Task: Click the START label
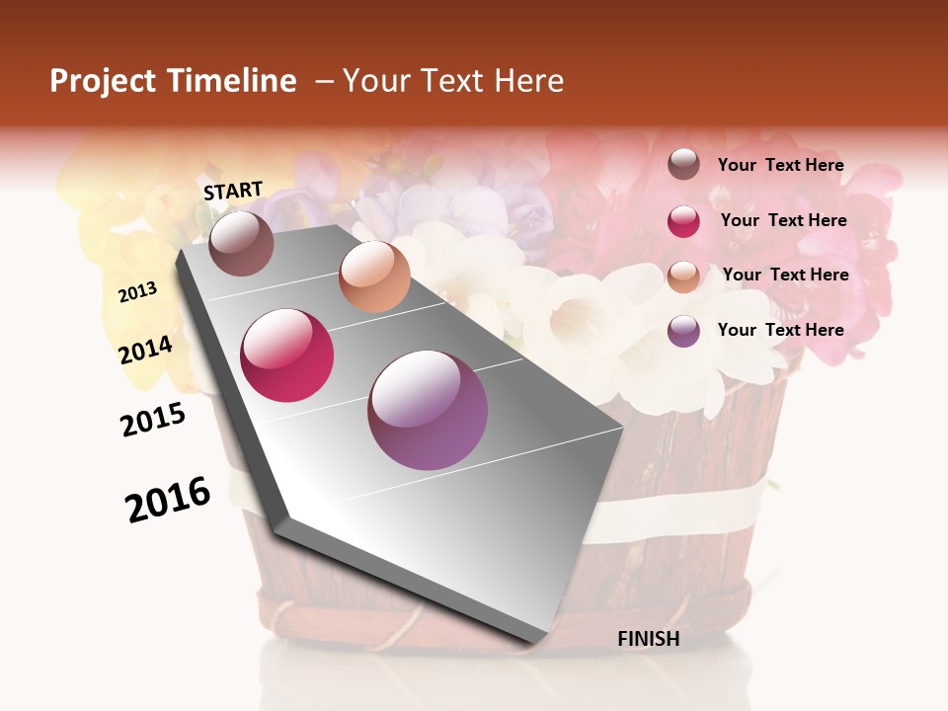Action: (233, 191)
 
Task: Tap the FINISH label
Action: (649, 639)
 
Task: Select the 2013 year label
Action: (138, 292)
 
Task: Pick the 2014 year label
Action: (146, 350)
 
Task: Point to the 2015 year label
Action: (153, 420)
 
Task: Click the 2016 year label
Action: (168, 499)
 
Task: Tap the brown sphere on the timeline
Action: (241, 243)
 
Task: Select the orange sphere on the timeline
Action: (374, 276)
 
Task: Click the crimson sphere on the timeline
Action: (287, 355)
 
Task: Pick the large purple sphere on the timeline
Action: (428, 410)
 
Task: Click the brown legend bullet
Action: (683, 165)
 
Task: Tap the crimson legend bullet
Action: (683, 221)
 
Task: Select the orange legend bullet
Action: (683, 276)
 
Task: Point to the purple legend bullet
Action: (683, 331)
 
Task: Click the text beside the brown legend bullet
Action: (780, 166)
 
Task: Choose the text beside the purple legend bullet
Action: (780, 330)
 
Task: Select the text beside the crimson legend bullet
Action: (783, 220)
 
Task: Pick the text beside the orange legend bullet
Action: (785, 275)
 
